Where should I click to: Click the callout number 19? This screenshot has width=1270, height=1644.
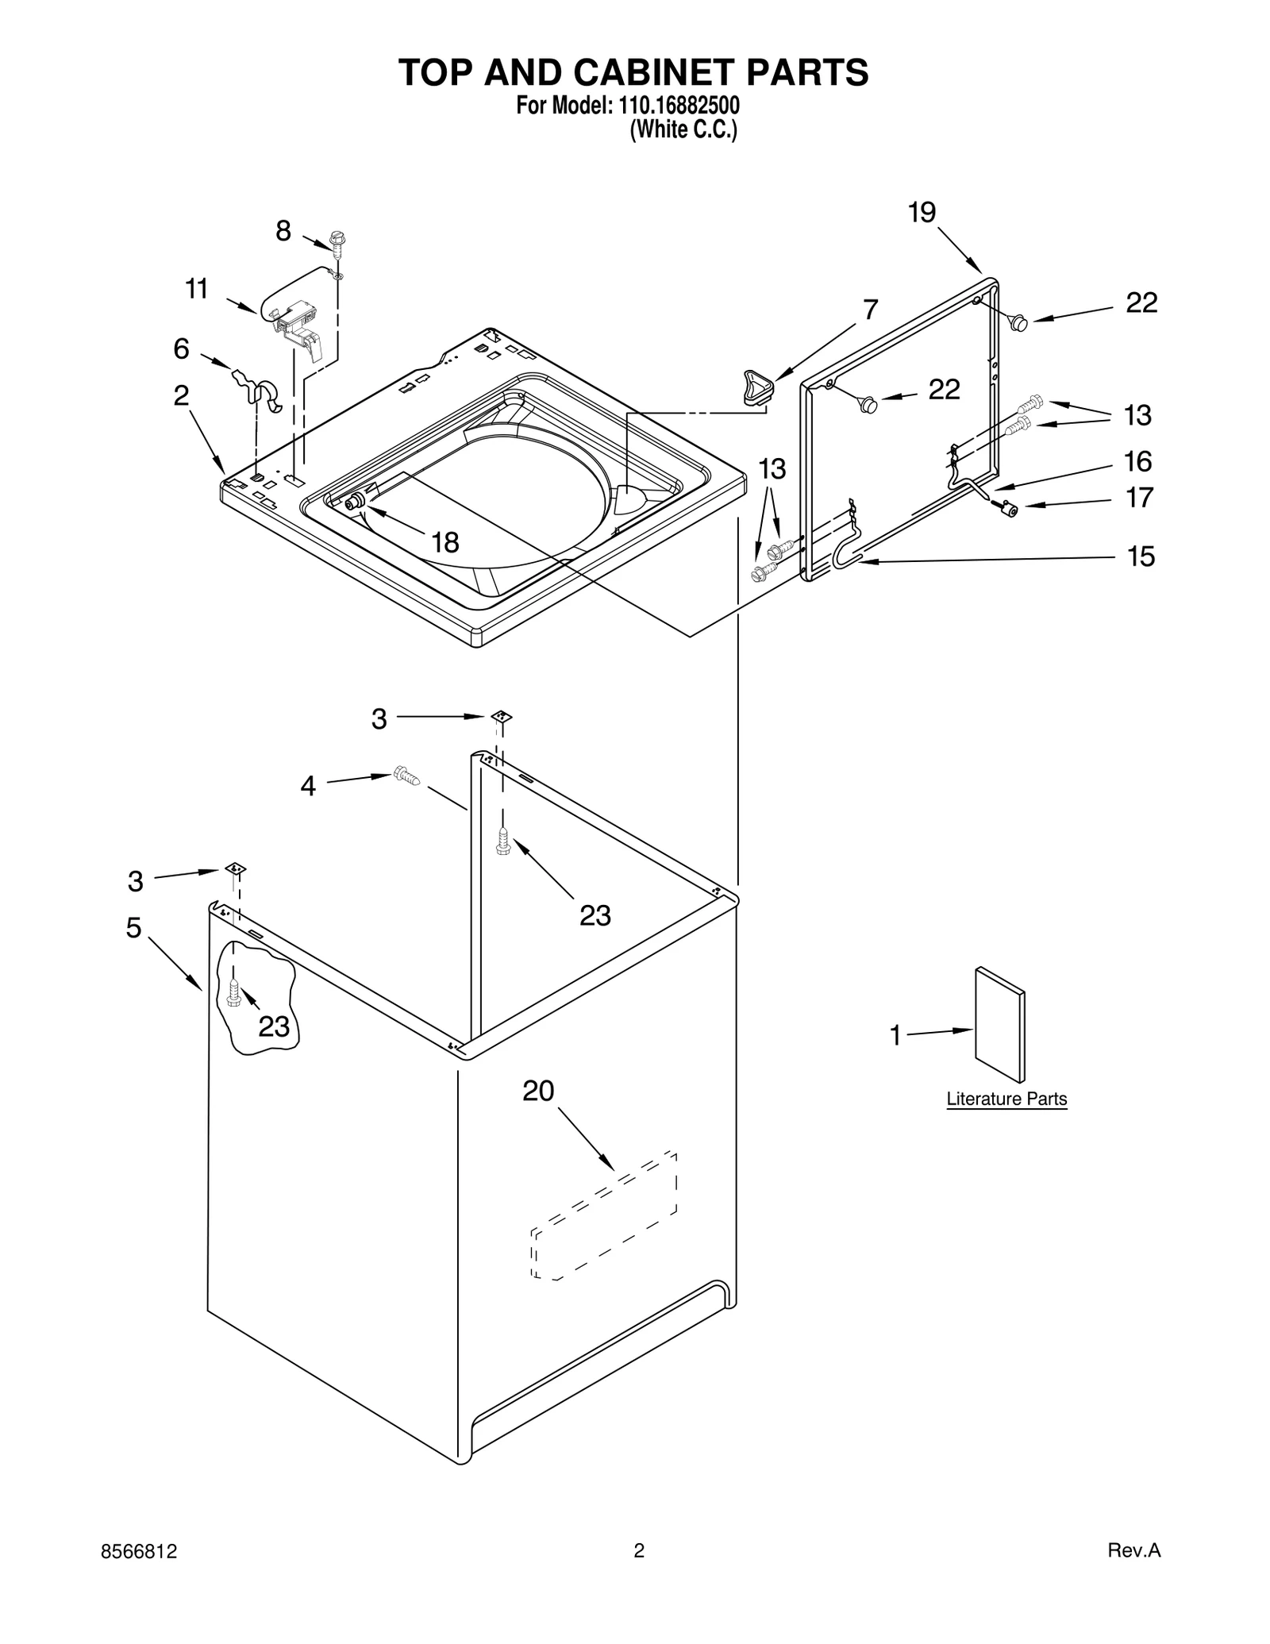[922, 213]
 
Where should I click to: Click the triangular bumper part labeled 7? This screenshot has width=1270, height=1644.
[757, 387]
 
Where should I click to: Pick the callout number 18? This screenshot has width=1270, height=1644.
[445, 543]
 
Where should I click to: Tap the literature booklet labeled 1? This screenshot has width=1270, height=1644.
[999, 1024]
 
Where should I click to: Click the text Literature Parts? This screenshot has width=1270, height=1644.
[1006, 1099]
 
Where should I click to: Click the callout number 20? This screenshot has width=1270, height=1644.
[537, 1092]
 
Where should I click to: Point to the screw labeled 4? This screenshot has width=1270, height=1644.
[406, 775]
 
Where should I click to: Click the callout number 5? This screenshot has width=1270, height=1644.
[134, 927]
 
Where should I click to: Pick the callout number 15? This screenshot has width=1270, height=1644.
[1141, 556]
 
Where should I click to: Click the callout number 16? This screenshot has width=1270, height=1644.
[1138, 461]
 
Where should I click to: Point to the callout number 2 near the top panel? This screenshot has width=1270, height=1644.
[181, 395]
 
